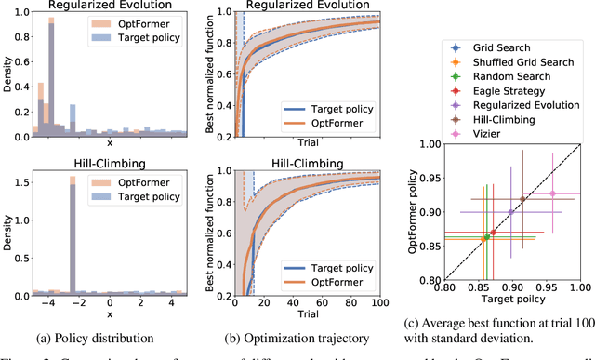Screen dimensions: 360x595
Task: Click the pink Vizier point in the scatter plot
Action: [552, 193]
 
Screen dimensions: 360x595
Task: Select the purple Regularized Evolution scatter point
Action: [510, 212]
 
